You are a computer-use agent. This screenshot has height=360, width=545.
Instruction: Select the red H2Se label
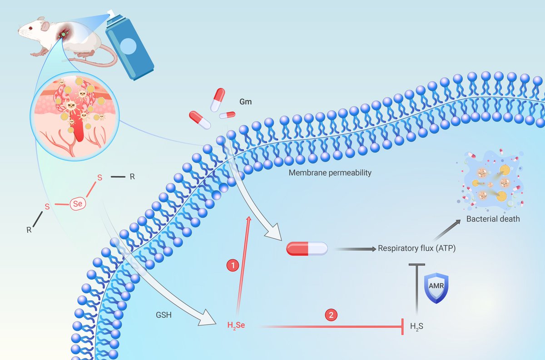click(236, 325)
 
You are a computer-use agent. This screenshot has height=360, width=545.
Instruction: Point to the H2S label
click(416, 325)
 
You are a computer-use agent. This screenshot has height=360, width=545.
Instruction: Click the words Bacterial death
click(493, 219)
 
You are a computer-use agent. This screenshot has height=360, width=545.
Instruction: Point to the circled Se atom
click(78, 205)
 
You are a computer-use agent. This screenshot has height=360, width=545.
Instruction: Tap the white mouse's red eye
click(30, 28)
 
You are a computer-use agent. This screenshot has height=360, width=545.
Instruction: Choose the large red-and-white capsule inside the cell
click(307, 248)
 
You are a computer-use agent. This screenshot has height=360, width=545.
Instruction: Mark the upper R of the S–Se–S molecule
click(132, 177)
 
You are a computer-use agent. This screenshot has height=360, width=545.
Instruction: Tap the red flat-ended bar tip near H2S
click(402, 326)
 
